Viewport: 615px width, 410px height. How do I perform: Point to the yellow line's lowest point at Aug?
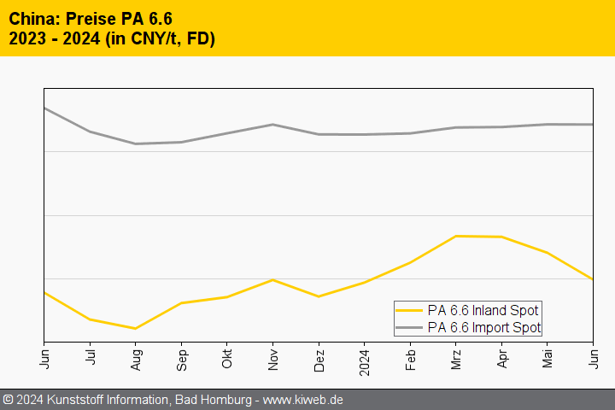135,328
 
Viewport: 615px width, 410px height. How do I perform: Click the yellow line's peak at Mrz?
456,236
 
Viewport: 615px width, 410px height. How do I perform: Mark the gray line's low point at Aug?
135,143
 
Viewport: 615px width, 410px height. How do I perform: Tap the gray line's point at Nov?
272,125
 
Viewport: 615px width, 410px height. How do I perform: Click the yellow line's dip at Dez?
319,296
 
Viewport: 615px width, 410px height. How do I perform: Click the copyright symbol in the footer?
9,400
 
